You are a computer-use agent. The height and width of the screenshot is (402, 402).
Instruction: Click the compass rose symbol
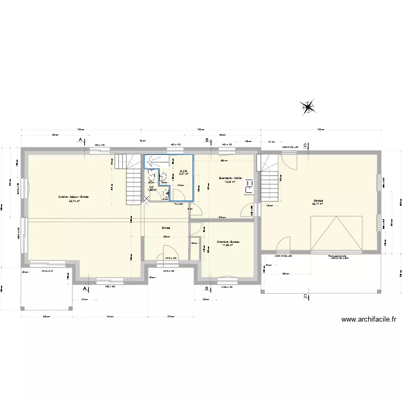[308, 108]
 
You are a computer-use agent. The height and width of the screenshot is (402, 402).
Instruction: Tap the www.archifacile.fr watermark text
[368, 320]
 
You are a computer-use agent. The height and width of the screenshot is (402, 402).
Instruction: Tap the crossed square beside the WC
[147, 199]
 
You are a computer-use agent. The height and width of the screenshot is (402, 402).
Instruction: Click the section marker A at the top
[81, 140]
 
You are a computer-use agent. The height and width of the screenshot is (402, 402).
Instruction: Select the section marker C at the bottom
[305, 295]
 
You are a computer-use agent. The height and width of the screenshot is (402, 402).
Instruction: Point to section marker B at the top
[207, 140]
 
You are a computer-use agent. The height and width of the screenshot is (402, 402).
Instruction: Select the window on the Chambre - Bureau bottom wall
[227, 278]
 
